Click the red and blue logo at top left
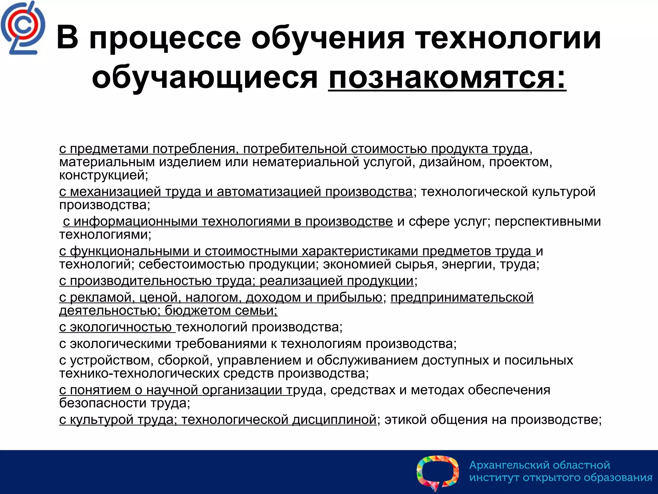22,28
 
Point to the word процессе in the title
165,39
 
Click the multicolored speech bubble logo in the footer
438,472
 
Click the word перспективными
547,222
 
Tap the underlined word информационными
135,222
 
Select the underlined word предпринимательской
462,297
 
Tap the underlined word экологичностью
120,327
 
